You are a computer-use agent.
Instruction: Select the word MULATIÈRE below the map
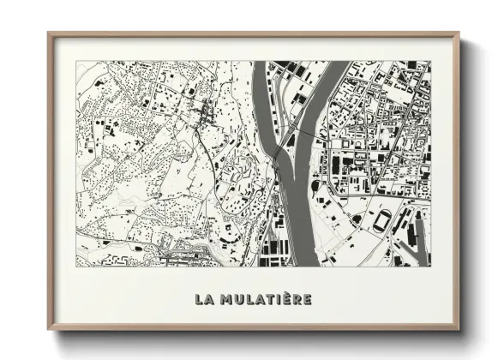(x=266, y=299)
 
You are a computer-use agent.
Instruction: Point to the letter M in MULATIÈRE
(x=227, y=299)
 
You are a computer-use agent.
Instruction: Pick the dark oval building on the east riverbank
(x=356, y=219)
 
